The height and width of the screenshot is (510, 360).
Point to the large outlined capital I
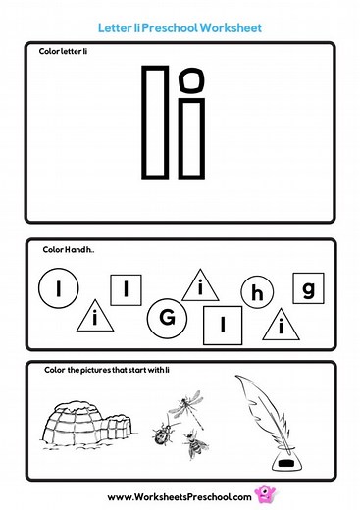(155, 122)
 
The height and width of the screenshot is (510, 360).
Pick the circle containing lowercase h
(258, 293)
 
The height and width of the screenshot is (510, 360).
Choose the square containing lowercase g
(308, 288)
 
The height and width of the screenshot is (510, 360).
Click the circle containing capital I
(58, 288)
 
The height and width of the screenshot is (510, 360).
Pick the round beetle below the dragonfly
(164, 433)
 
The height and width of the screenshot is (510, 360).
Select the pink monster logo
(261, 494)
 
